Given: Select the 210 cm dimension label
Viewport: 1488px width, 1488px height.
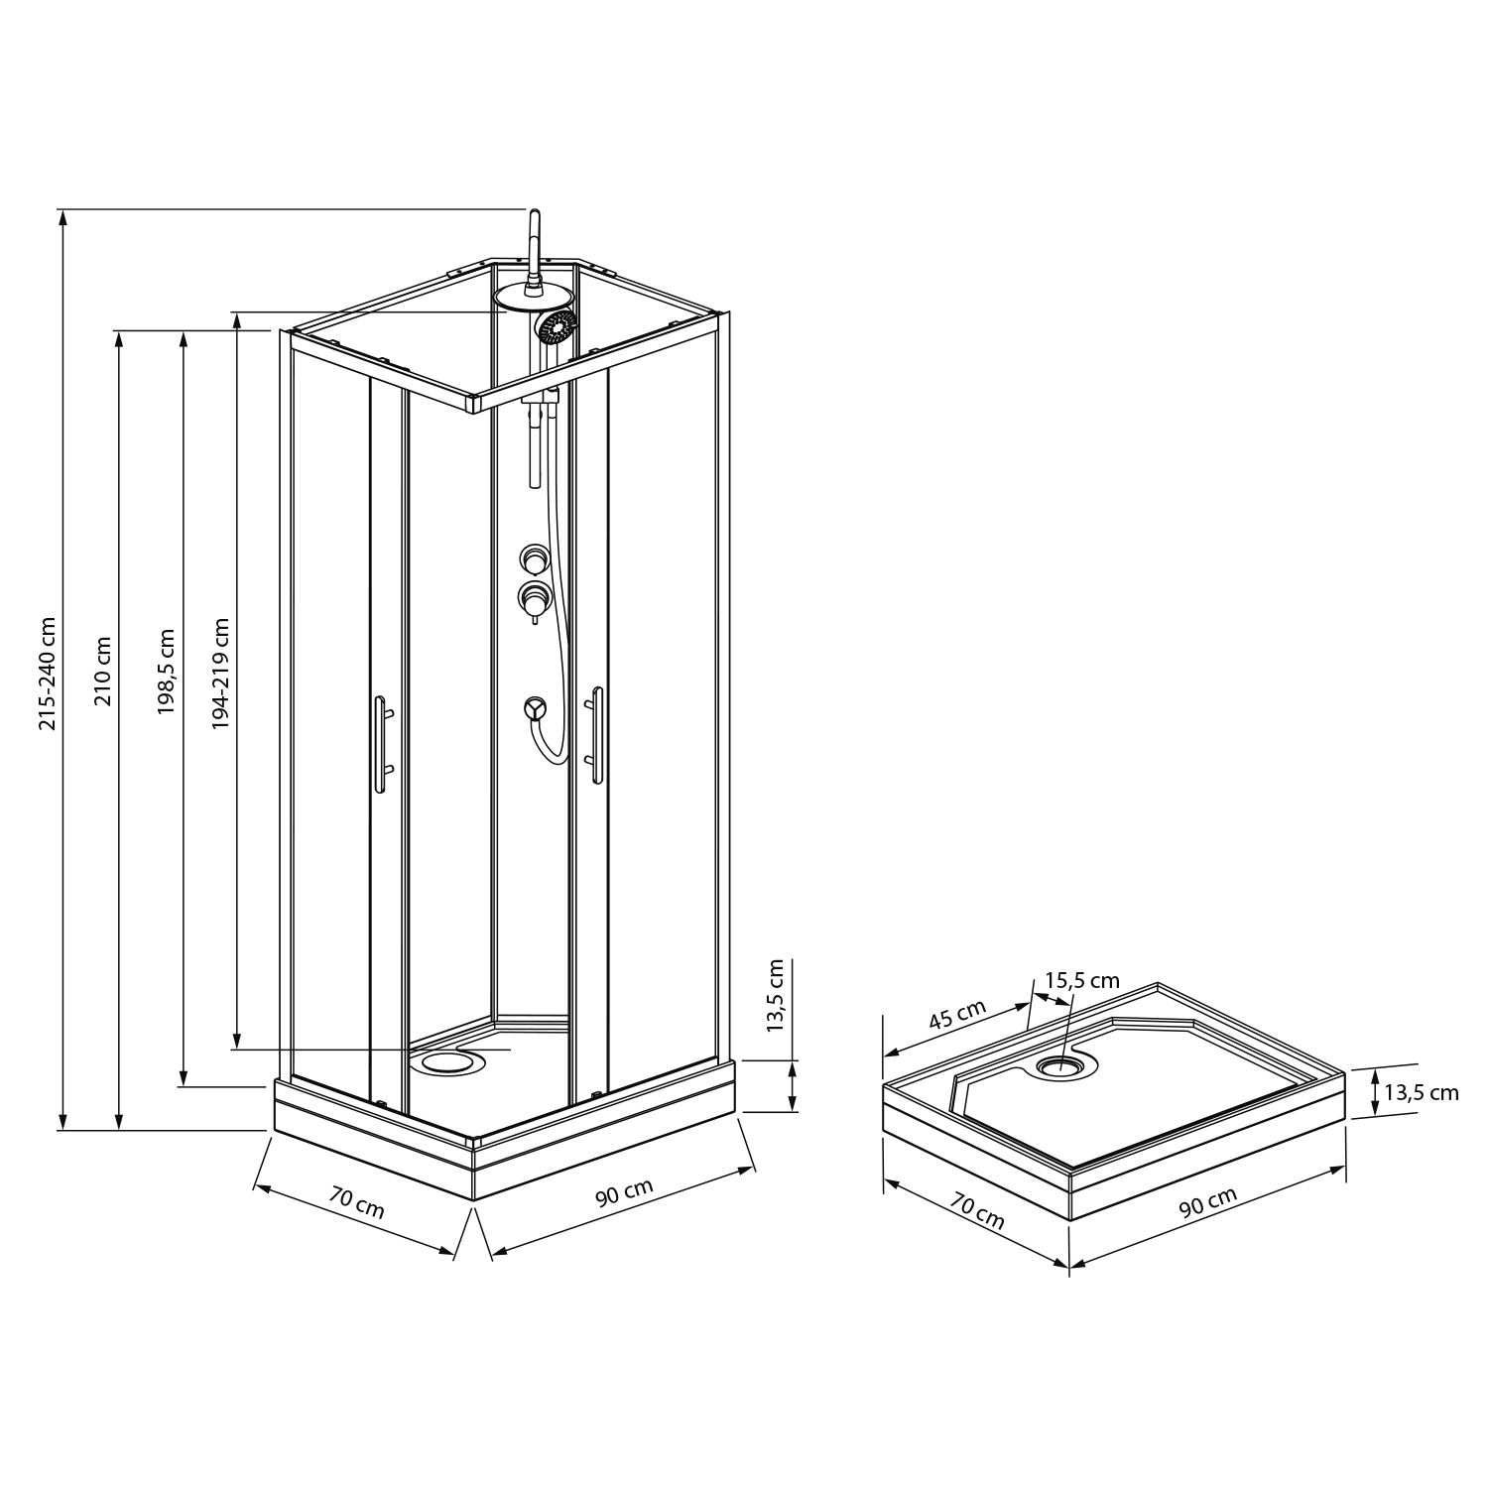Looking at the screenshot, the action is (x=103, y=671).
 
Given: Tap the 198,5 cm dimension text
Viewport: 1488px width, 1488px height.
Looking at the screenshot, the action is (x=166, y=672).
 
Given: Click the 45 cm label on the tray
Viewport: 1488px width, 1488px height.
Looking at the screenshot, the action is (x=957, y=1016).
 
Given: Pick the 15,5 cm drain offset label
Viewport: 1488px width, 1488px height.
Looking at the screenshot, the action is (x=1081, y=980).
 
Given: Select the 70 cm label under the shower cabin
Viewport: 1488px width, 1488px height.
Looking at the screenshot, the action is (x=357, y=1203).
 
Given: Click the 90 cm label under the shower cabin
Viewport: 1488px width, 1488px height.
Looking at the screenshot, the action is (x=624, y=1191).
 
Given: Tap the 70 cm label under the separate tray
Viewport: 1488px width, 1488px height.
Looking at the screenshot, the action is (x=978, y=1212).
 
